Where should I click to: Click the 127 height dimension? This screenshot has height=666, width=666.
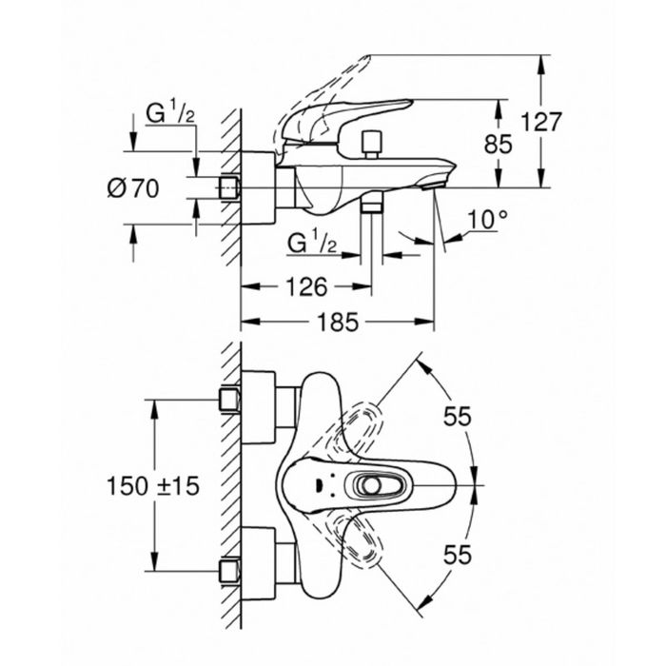click(540, 122)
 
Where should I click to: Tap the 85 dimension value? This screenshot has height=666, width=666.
click(499, 144)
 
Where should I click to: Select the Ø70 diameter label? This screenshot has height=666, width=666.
click(133, 187)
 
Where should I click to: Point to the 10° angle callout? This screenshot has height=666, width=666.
click(487, 220)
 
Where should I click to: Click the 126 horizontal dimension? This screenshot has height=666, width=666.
click(306, 286)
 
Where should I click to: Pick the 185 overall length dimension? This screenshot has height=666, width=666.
click(339, 322)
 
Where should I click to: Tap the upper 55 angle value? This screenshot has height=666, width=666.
click(458, 416)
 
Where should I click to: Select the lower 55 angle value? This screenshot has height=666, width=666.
click(458, 555)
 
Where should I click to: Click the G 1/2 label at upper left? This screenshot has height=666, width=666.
click(170, 112)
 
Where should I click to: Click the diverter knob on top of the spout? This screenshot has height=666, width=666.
click(371, 145)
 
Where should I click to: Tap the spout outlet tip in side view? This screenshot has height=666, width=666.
click(432, 186)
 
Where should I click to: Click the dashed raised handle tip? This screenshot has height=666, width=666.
click(364, 59)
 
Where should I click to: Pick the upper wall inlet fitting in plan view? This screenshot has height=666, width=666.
click(229, 400)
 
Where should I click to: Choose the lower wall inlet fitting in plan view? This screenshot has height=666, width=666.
click(229, 571)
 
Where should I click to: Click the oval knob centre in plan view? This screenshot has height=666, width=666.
click(373, 485)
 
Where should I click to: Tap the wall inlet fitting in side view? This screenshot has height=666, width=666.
click(229, 187)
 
